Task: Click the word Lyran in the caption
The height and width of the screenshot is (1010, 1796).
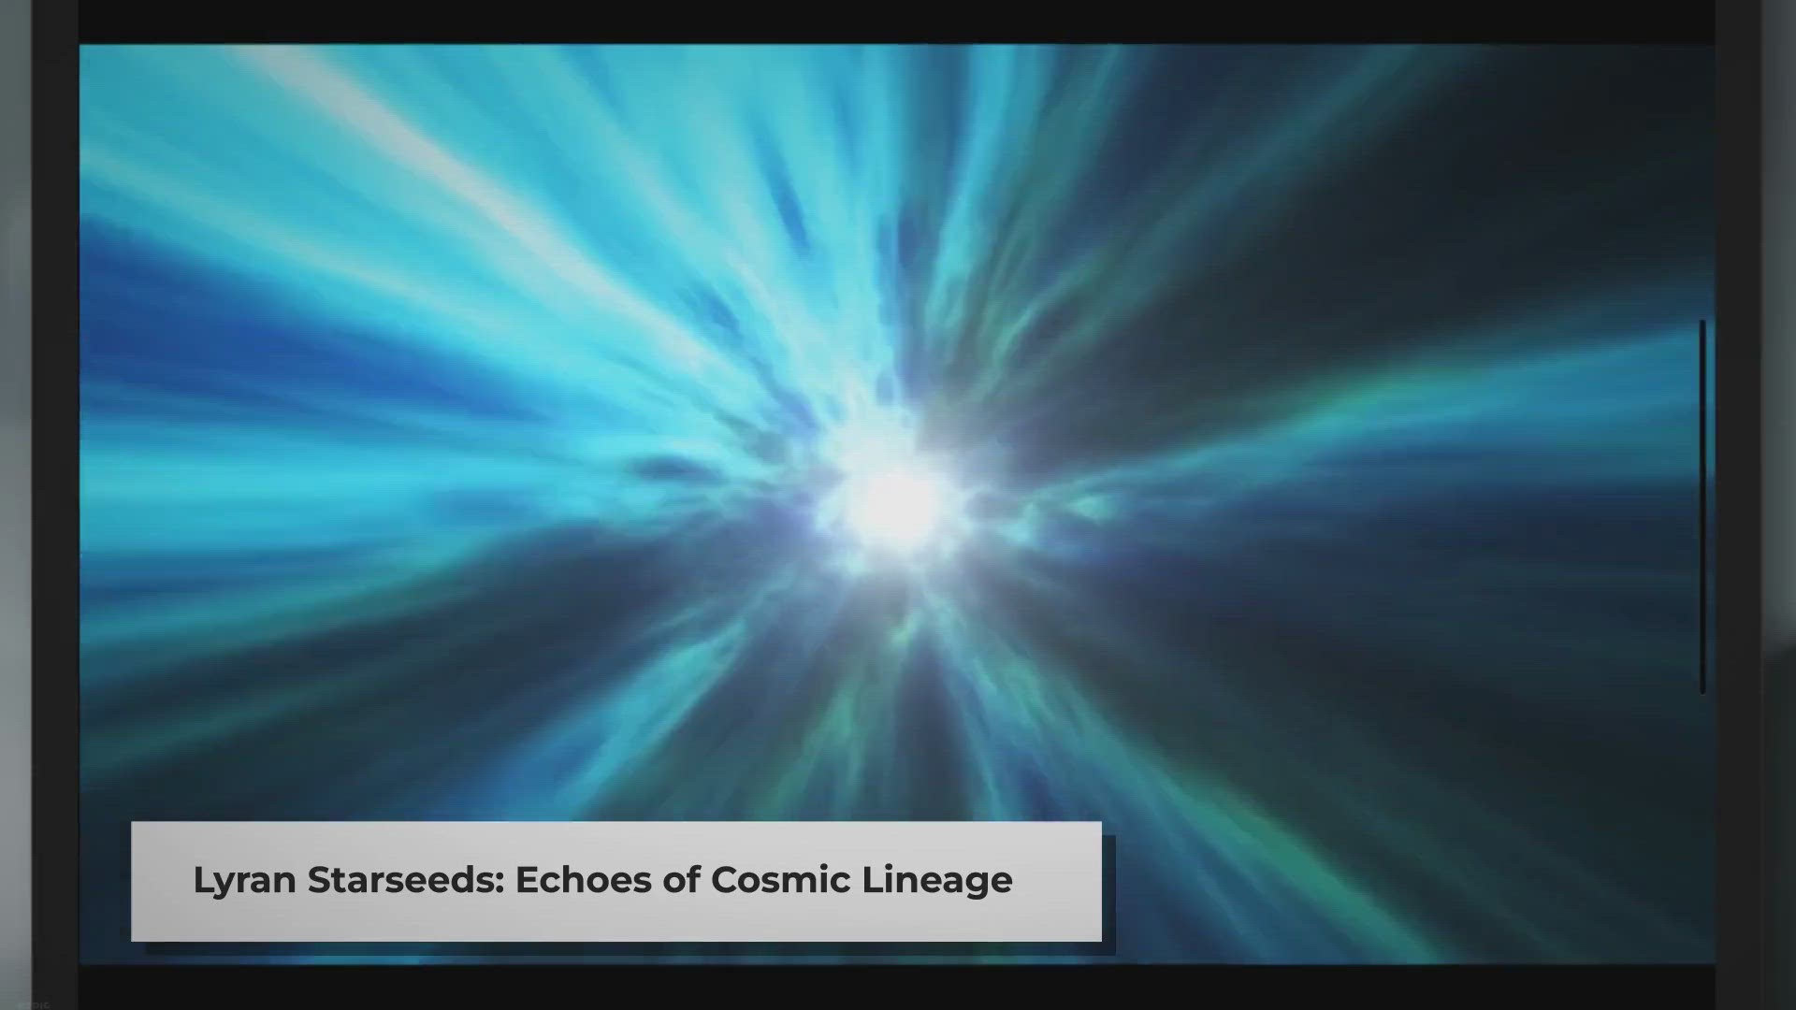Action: point(245,881)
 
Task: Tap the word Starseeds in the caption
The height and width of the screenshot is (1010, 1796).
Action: point(407,879)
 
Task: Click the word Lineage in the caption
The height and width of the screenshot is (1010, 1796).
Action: point(936,881)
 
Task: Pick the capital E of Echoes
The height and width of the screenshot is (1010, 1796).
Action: point(526,879)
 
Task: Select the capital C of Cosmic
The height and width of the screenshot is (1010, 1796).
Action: point(725,879)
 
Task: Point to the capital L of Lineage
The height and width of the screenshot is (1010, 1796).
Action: point(872,879)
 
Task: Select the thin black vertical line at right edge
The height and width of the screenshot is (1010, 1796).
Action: point(1702,507)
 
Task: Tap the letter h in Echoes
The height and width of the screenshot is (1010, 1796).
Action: point(576,879)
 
